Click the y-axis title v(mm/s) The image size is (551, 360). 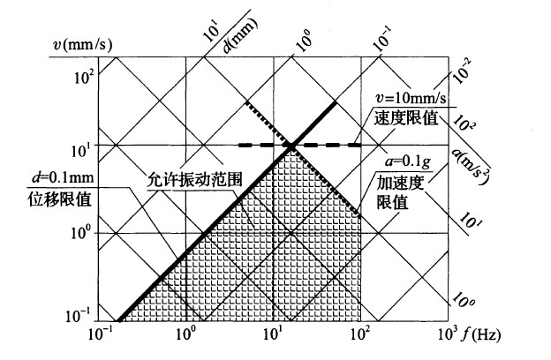pos(81,45)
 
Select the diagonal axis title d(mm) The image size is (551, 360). pos(240,35)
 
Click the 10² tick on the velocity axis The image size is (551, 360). pos(85,76)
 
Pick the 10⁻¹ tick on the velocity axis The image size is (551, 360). pos(78,316)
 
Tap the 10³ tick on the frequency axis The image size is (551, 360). pos(448,334)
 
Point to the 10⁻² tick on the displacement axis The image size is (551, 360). pos(462,71)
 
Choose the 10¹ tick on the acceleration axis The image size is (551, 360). pos(471,220)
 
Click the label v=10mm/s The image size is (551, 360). pos(411,98)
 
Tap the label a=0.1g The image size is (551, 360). pos(408,162)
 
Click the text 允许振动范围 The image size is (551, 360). pos(194,180)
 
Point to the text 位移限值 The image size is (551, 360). pos(60,199)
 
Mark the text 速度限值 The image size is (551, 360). pos(406,117)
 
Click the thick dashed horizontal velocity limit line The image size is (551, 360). pos(299,145)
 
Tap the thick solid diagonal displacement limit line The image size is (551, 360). pos(227,212)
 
